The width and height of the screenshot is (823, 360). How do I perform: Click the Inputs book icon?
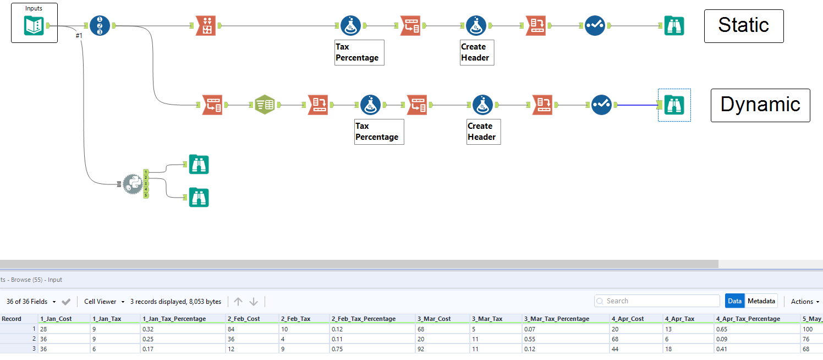34,25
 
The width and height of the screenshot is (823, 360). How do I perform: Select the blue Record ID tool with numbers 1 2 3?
100,25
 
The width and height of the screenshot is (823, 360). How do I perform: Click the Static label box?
743,25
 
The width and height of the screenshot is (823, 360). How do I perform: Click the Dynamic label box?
760,105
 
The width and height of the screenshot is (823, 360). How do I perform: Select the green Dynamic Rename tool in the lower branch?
265,105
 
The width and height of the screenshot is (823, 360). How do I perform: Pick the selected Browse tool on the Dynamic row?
674,105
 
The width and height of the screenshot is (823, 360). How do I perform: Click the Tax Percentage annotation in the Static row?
359,52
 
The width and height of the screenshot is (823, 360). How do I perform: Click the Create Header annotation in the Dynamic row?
483,132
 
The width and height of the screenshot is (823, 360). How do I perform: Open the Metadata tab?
761,301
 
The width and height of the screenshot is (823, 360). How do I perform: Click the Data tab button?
734,301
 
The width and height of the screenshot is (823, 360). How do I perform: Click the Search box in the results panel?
657,301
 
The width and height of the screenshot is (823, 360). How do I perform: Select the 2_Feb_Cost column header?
244,319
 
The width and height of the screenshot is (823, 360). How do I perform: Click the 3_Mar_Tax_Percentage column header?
556,319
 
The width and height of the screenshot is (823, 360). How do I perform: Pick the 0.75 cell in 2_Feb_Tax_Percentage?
338,348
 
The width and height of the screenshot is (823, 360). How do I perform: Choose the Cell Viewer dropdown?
104,302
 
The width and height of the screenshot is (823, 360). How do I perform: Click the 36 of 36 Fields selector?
31,302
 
